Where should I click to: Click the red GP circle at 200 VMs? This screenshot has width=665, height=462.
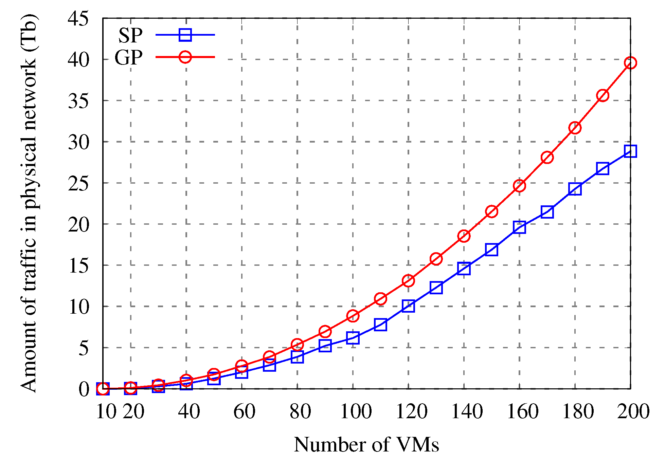[630, 63]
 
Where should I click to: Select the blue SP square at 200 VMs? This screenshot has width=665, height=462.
[630, 151]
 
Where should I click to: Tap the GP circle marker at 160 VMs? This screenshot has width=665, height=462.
[519, 186]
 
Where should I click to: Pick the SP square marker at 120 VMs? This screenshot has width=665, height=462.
[408, 306]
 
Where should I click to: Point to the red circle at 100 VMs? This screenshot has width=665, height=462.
[353, 316]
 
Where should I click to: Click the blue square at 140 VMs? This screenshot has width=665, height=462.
[464, 269]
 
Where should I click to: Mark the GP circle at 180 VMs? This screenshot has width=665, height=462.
[575, 128]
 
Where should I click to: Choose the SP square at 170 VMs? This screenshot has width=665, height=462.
[547, 212]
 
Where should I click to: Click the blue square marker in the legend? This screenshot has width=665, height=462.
[185, 35]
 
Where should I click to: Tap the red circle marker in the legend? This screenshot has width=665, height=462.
[185, 57]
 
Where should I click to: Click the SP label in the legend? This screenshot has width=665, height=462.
[130, 35]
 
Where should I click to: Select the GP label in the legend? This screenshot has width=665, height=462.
[128, 57]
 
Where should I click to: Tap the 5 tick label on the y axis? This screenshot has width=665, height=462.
[84, 348]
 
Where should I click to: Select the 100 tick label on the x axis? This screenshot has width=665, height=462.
[356, 412]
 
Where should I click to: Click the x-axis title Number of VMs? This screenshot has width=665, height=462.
[366, 444]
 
